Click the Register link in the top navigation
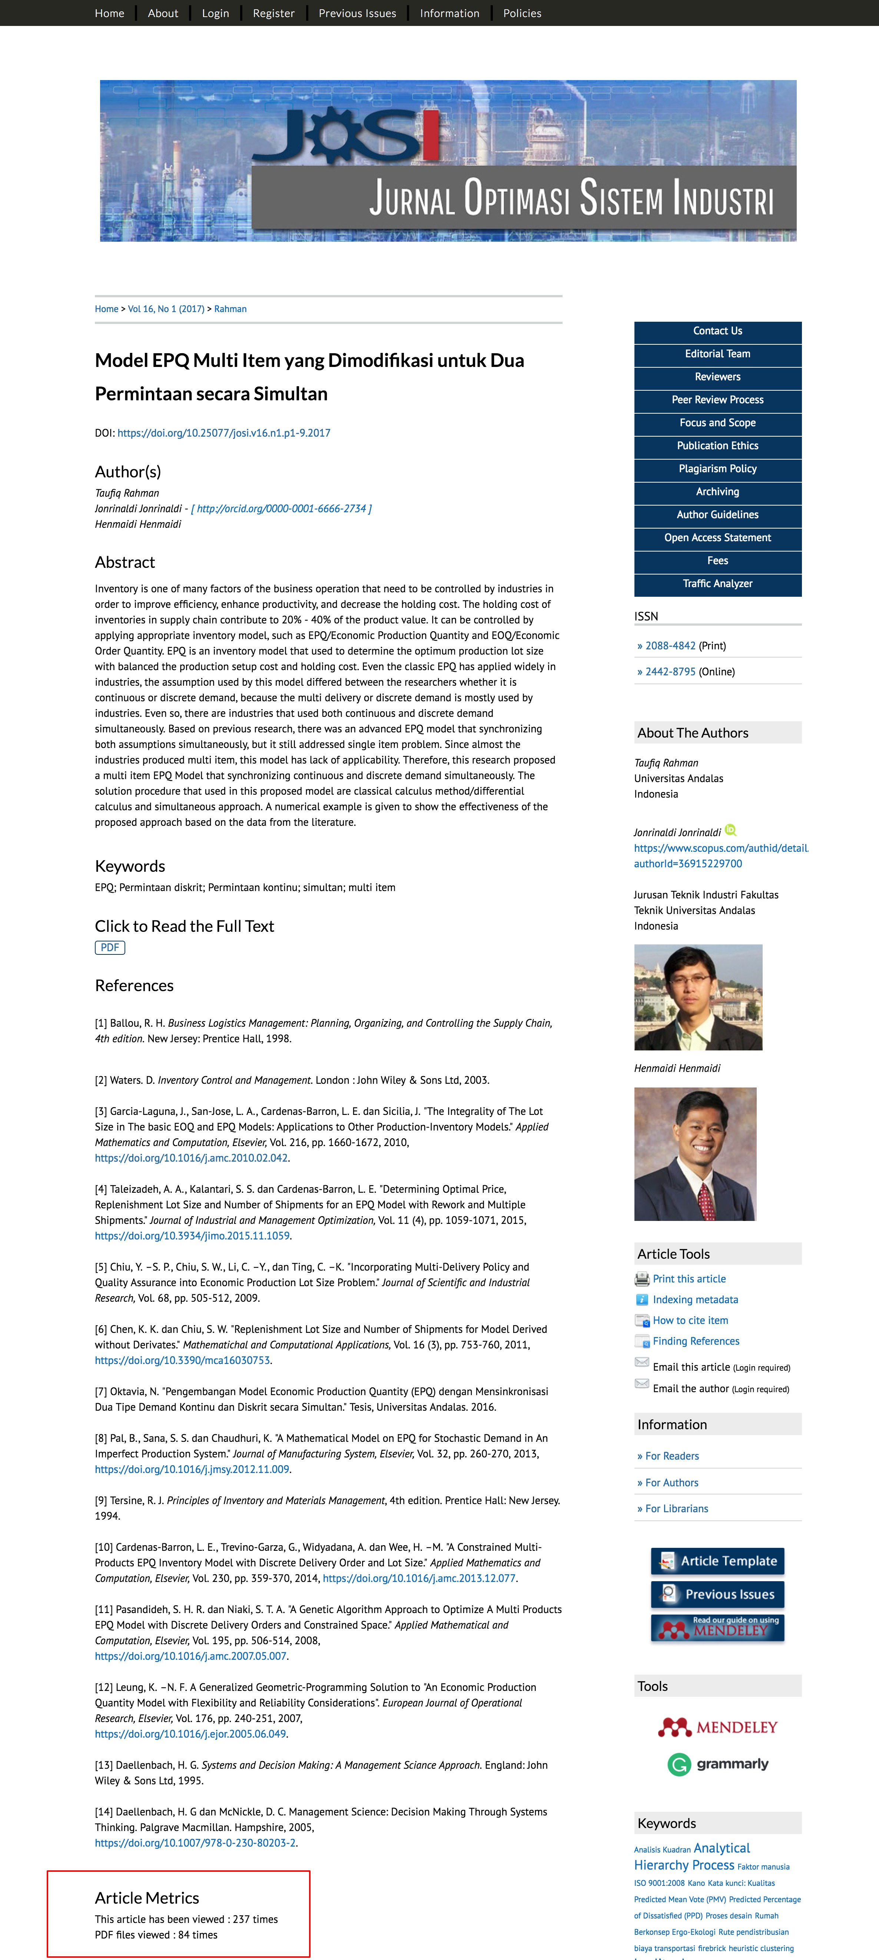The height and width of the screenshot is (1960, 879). [273, 13]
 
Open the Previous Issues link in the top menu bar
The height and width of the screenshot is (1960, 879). [357, 13]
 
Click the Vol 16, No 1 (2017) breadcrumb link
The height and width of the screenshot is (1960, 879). [166, 309]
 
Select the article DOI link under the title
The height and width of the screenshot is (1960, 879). [224, 433]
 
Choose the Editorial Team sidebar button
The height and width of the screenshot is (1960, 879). [717, 354]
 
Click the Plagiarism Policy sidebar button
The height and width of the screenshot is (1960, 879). [717, 469]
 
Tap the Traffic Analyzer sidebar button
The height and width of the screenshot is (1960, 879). [717, 583]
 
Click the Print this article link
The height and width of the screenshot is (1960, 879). [689, 1279]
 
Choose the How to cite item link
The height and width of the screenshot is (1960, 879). [690, 1320]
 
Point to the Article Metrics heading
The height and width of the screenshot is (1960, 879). [147, 1898]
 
